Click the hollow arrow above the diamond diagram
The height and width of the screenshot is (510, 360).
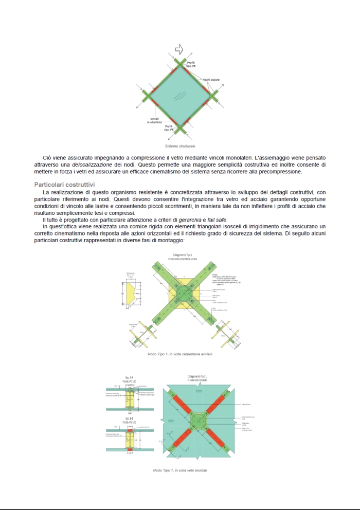click(179, 49)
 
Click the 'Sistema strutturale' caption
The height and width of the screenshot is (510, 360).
click(180, 147)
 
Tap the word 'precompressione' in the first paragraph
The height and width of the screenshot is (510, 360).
click(272, 171)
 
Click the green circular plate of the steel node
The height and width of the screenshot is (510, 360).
click(184, 294)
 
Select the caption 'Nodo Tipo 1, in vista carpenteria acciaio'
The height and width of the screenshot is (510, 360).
click(180, 354)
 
